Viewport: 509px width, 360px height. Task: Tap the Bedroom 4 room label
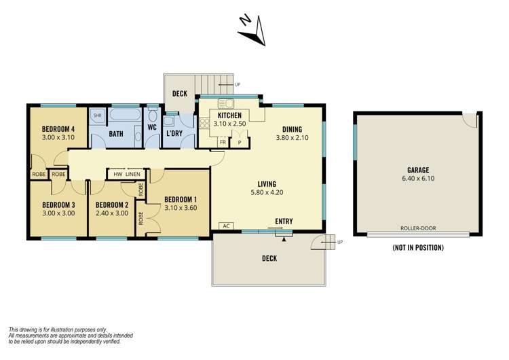click(58, 128)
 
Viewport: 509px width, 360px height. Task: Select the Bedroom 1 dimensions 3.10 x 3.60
click(181, 208)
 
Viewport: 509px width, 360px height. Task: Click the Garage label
click(418, 170)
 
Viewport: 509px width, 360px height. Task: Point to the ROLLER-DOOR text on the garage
click(418, 229)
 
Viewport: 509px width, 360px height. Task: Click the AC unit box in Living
click(225, 226)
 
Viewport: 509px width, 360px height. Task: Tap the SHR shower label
click(96, 115)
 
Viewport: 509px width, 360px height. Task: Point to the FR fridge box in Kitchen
click(223, 143)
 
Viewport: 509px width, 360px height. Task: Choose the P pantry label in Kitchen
click(239, 143)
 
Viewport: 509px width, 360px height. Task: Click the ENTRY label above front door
click(284, 221)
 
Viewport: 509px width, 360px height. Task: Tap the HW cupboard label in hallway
click(117, 174)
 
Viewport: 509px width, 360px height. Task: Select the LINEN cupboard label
click(133, 174)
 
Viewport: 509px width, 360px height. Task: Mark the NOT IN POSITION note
click(418, 248)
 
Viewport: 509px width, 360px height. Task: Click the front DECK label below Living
click(269, 258)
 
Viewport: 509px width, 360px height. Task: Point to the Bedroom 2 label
click(111, 204)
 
